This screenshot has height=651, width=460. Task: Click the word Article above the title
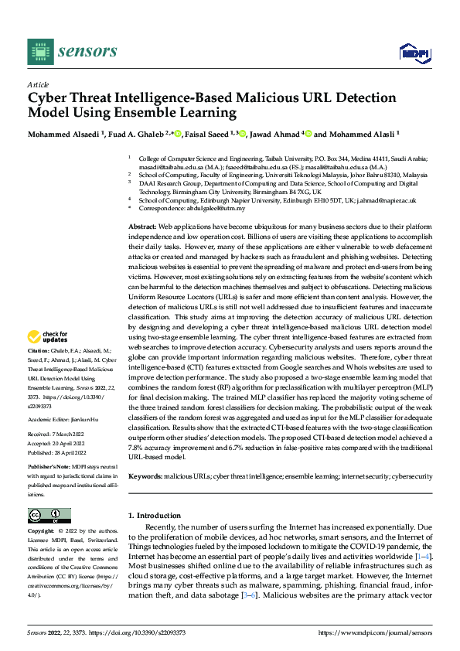point(38,84)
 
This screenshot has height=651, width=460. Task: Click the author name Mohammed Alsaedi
point(60,133)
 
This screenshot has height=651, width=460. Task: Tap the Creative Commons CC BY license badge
point(49,516)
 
